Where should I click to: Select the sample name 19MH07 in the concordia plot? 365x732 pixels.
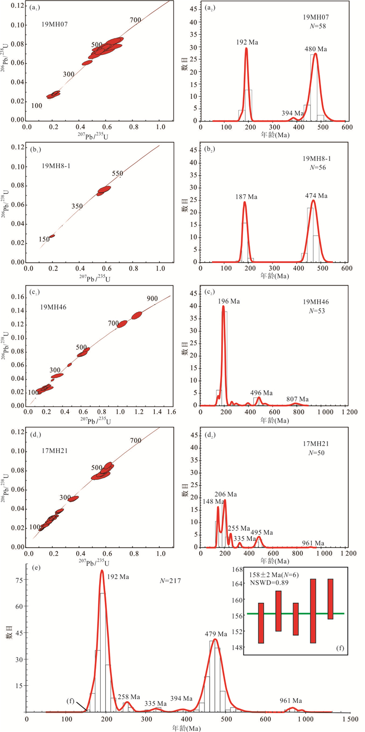pos(56,24)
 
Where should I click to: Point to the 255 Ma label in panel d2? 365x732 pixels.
pos(239,528)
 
